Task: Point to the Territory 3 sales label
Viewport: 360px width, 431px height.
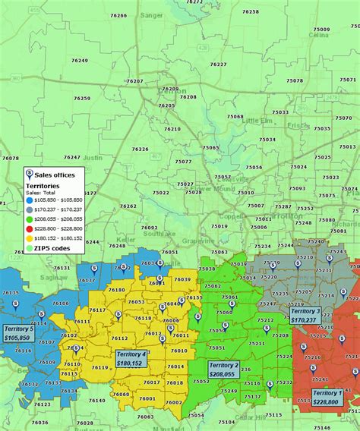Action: click(305, 316)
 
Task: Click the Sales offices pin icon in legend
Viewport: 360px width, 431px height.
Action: click(30, 175)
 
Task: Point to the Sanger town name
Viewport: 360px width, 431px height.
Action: click(153, 14)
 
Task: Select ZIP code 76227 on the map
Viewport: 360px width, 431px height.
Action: click(218, 64)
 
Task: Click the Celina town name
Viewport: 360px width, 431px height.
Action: click(318, 34)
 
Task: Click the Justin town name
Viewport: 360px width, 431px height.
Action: click(91, 158)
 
